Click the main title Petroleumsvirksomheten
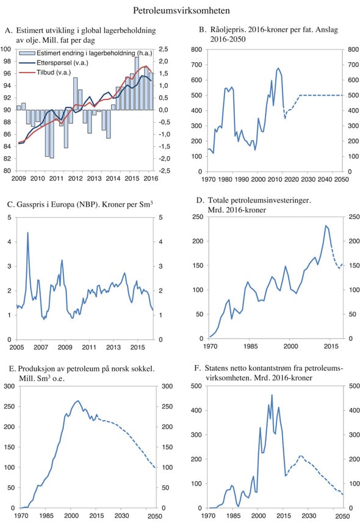pos(181,10)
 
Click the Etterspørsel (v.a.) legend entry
pos(70,62)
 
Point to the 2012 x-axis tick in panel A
pos(74,178)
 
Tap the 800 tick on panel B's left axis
pos(197,49)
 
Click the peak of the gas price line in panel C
pos(27,232)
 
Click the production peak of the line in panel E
pos(77,401)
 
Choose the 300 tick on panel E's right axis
pos(166,385)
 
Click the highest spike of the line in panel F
pos(272,395)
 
